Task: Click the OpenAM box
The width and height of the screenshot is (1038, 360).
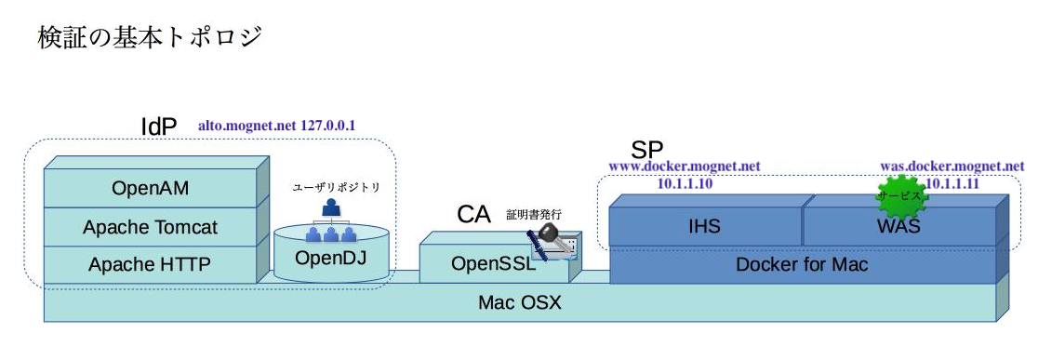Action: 150,189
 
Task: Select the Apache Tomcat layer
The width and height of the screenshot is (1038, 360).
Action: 150,227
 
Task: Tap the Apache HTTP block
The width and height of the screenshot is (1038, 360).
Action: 150,265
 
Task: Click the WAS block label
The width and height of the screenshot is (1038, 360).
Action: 898,226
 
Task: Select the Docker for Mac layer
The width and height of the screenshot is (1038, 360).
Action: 801,265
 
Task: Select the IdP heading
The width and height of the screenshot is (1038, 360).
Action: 158,127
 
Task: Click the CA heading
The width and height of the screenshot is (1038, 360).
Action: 473,214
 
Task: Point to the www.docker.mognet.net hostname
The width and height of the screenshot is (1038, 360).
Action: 684,167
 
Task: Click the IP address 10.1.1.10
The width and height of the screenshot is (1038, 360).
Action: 685,183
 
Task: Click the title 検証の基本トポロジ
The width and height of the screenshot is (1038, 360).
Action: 150,37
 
